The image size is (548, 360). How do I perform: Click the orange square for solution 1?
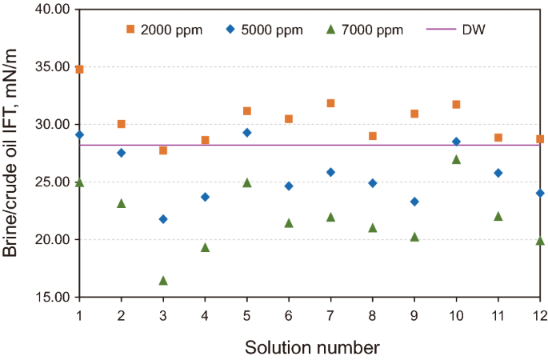[x=79, y=69]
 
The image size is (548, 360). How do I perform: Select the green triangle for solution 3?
[x=163, y=281]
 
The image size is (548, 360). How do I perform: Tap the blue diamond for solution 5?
[x=247, y=133]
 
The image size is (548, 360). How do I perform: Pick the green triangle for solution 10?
[x=457, y=159]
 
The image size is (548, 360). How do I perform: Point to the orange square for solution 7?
[x=330, y=103]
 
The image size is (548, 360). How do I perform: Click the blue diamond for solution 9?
[x=414, y=202]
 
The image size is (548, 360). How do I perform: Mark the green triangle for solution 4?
[x=205, y=247]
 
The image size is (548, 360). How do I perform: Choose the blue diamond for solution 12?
[x=540, y=193]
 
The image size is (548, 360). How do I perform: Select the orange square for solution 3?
[x=163, y=150]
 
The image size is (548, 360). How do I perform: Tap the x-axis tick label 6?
[x=289, y=311]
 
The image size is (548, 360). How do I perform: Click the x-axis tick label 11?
[x=498, y=311]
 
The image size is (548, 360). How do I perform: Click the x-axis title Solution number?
[x=311, y=347]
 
